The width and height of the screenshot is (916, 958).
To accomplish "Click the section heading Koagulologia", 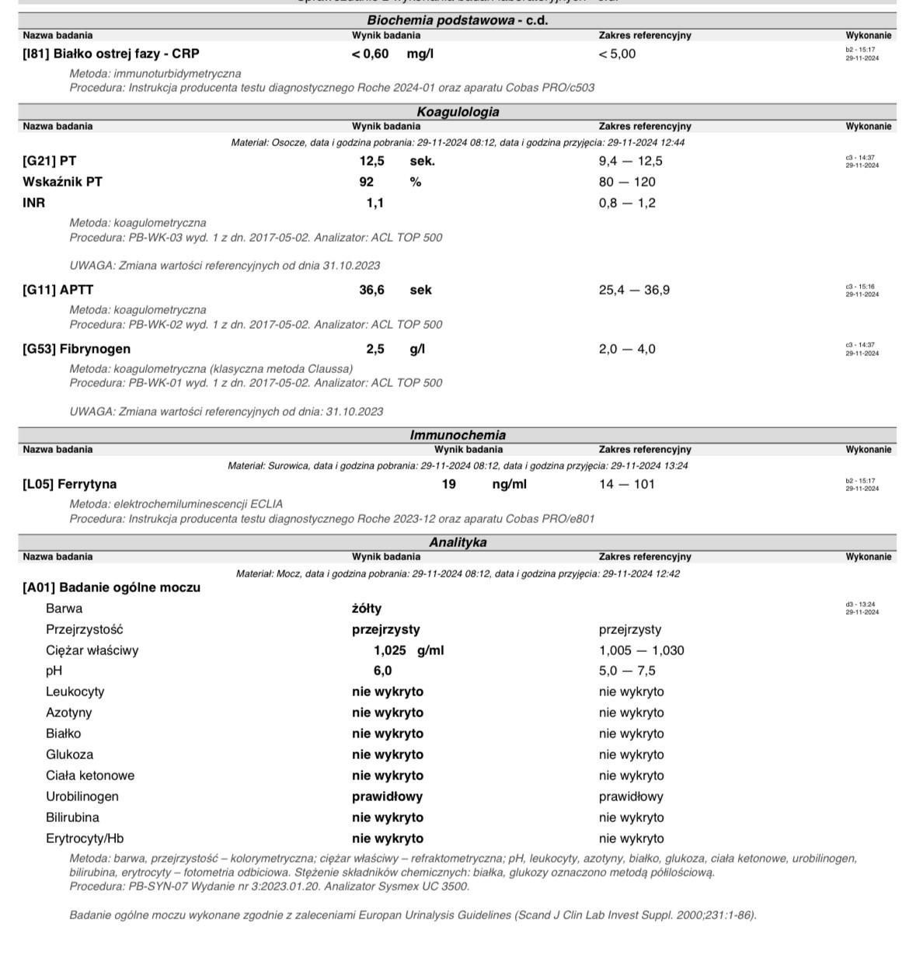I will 458,112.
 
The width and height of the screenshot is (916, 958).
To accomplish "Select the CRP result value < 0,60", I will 370,54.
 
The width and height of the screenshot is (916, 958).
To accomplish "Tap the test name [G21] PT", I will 49,161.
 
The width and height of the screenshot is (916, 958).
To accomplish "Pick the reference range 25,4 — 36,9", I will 634,290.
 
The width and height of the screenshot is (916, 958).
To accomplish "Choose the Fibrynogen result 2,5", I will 375,349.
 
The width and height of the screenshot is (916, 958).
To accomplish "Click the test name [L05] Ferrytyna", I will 69,484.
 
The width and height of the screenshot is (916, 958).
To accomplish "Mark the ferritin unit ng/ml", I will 509,484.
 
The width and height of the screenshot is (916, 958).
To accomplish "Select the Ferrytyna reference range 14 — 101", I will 626,484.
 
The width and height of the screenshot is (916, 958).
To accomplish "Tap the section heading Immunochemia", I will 458,435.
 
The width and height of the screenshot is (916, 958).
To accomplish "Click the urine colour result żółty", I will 367,608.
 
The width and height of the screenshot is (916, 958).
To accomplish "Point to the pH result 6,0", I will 382,671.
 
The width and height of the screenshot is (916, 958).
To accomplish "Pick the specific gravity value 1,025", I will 390,650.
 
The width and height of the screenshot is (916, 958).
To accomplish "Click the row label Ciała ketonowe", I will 90,775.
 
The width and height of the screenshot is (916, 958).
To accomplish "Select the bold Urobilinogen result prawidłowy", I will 387,796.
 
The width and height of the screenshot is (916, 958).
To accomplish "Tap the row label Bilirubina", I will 72,817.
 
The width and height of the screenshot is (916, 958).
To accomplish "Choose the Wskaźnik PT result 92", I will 366,182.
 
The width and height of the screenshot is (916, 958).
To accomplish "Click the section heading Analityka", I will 458,542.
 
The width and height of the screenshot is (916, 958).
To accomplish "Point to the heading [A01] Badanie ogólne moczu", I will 111,587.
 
